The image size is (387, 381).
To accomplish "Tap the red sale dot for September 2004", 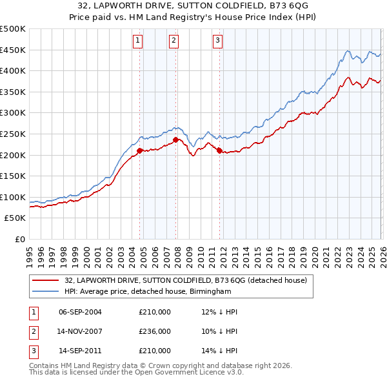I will point(140,150).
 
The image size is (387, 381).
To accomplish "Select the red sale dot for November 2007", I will point(176,139).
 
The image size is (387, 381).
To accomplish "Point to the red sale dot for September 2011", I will point(220,150).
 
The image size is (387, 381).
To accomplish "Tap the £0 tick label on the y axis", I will point(19,239).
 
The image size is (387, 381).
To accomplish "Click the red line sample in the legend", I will point(45,280).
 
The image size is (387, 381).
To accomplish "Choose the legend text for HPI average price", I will point(141,291).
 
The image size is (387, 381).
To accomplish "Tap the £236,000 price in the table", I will point(155,331).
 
